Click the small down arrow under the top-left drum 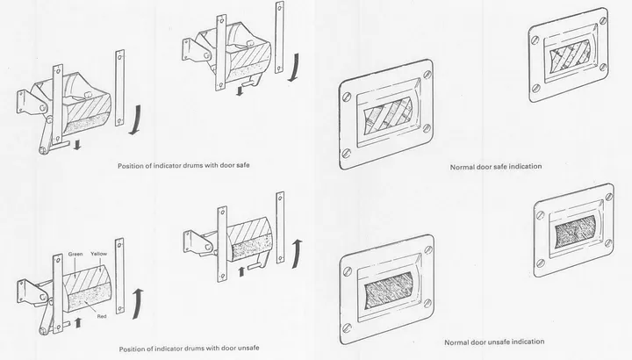point(77,144)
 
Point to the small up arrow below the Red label point(77,324)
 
